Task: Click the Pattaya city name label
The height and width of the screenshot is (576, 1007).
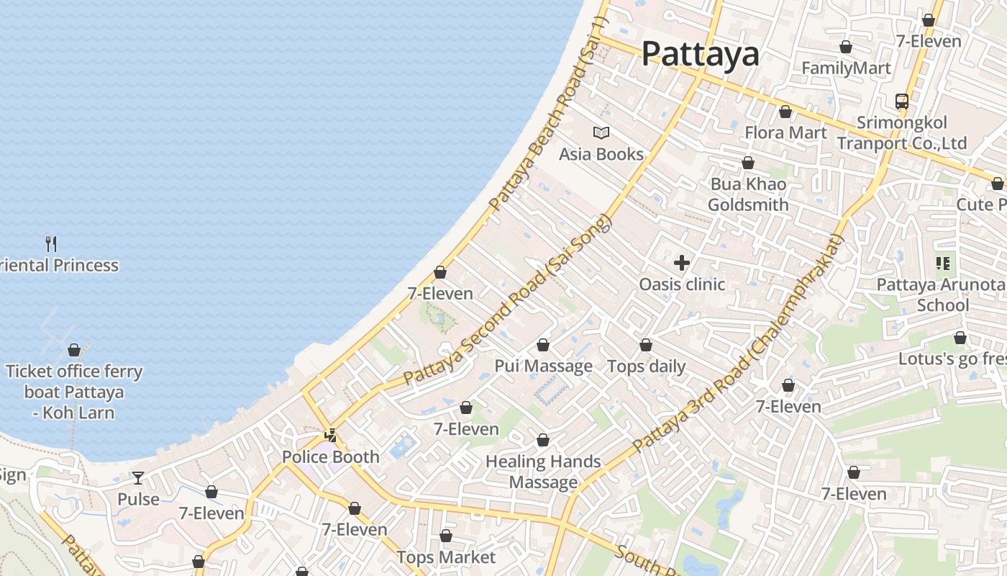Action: [700, 54]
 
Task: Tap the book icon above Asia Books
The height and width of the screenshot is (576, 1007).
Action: [601, 132]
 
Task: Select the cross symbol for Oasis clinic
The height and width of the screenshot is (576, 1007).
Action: [682, 263]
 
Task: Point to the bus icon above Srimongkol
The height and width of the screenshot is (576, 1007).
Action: [902, 101]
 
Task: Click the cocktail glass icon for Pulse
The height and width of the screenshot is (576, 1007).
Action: [138, 478]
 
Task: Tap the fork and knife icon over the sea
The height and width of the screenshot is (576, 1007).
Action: [51, 243]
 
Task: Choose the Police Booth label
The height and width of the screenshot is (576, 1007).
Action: [330, 456]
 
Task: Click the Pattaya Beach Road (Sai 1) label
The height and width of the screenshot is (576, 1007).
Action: [548, 115]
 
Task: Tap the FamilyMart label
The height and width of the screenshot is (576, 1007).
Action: [846, 68]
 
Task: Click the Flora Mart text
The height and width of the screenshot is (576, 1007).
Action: [785, 132]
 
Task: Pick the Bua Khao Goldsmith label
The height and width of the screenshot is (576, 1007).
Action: [748, 194]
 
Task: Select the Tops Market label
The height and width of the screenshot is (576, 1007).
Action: [446, 557]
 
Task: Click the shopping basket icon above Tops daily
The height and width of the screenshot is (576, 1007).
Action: [646, 346]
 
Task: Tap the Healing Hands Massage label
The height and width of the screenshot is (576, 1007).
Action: [543, 472]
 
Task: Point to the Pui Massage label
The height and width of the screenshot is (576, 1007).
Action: [543, 366]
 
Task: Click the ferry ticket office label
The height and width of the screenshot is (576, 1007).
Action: [74, 392]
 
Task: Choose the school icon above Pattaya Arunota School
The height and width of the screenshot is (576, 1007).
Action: [943, 264]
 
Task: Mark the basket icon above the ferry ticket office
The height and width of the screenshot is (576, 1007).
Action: [74, 351]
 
